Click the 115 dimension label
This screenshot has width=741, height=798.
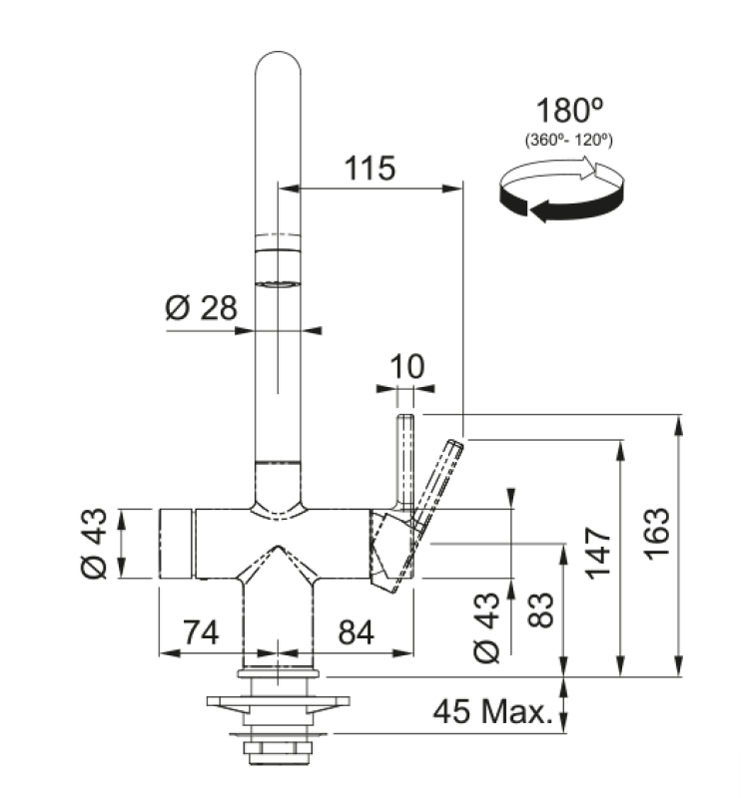[370, 168]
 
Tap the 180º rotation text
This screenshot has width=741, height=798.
[569, 111]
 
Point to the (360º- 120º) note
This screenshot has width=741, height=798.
[569, 141]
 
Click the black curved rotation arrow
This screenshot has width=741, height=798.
[559, 204]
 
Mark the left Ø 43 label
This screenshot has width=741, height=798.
[95, 544]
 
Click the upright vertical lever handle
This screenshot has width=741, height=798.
[406, 459]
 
